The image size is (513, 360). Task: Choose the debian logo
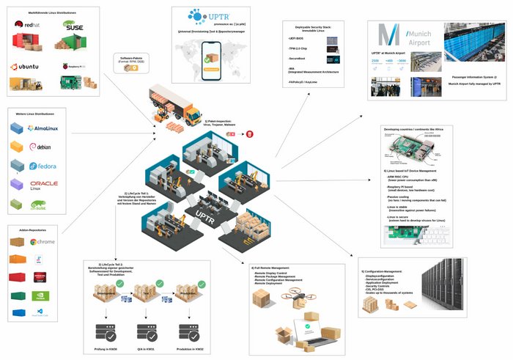point(40,147)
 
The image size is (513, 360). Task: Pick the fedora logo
point(43,166)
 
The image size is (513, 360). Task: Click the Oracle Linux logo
point(44,185)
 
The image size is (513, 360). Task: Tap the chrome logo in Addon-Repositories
point(43,241)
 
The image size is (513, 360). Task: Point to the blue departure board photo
point(472,42)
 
